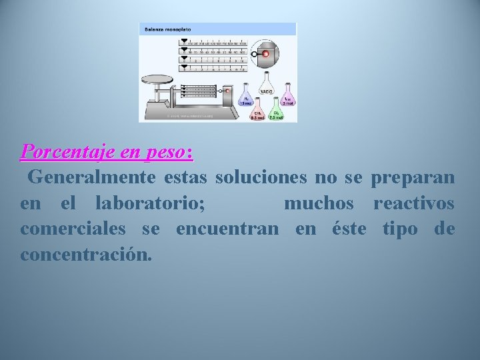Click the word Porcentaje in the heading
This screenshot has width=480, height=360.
pyautogui.click(x=63, y=152)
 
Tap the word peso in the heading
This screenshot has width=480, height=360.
pyautogui.click(x=163, y=152)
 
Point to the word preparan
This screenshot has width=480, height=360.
pyautogui.click(x=413, y=178)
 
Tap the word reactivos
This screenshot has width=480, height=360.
pyautogui.click(x=414, y=203)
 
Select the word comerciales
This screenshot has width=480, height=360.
pyautogui.click(x=73, y=229)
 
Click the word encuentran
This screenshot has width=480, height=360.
pyautogui.click(x=227, y=229)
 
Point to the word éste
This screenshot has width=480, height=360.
pyautogui.click(x=349, y=229)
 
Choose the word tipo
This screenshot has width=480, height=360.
pyautogui.click(x=400, y=229)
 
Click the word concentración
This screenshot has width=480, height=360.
pyautogui.click(x=86, y=254)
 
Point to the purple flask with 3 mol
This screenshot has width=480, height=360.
pyautogui.click(x=287, y=97)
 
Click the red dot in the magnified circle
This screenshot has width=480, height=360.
pyautogui.click(x=265, y=53)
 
